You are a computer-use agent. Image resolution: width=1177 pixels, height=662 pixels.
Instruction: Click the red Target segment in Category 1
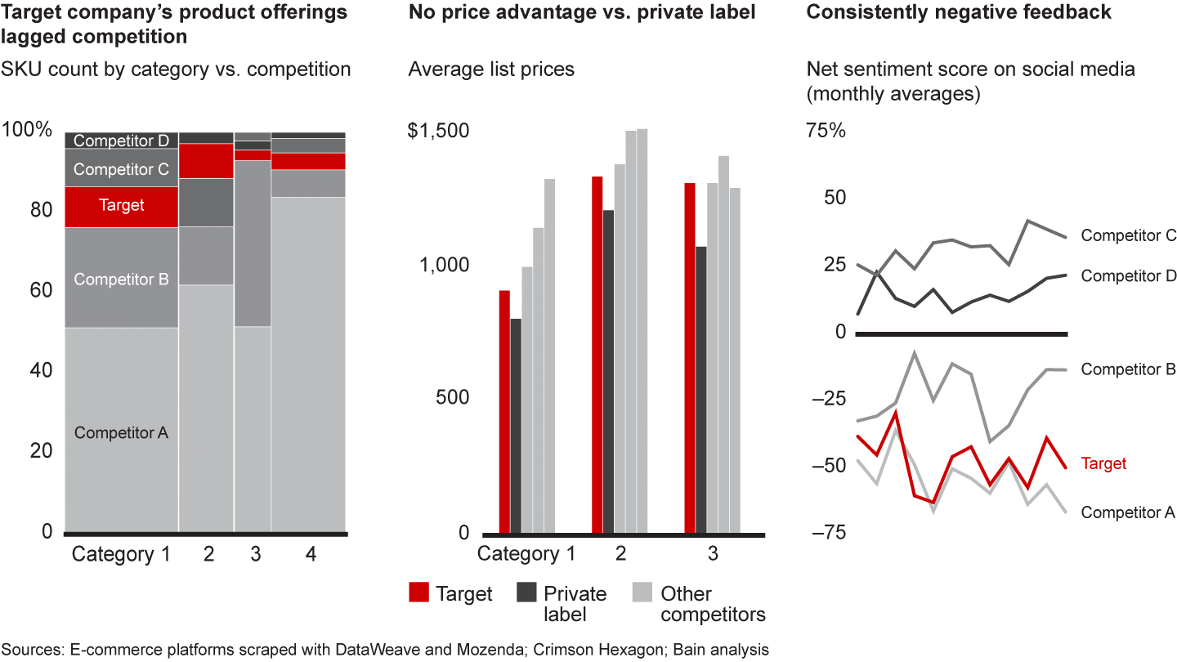point(121,207)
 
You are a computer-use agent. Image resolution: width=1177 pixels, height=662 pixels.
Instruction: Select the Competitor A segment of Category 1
point(121,432)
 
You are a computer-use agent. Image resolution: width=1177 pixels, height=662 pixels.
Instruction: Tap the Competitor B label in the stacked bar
point(121,280)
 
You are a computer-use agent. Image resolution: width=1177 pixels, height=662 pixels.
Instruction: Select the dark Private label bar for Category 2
point(608,371)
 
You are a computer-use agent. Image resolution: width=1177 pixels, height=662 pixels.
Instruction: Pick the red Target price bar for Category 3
point(690,358)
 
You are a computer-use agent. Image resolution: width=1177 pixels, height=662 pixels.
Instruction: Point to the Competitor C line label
point(1128,235)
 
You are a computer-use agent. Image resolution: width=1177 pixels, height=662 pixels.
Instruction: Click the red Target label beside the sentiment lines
point(1103,463)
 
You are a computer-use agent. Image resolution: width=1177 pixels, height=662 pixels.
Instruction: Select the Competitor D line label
point(1128,276)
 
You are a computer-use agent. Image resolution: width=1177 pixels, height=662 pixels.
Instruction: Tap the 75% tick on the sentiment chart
point(826,131)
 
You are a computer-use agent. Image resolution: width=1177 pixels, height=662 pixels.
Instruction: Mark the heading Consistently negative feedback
point(959,12)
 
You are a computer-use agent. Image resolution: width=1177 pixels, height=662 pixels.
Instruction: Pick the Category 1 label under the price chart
point(526,554)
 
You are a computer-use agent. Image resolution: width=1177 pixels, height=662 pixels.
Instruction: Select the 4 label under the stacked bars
point(311,554)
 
